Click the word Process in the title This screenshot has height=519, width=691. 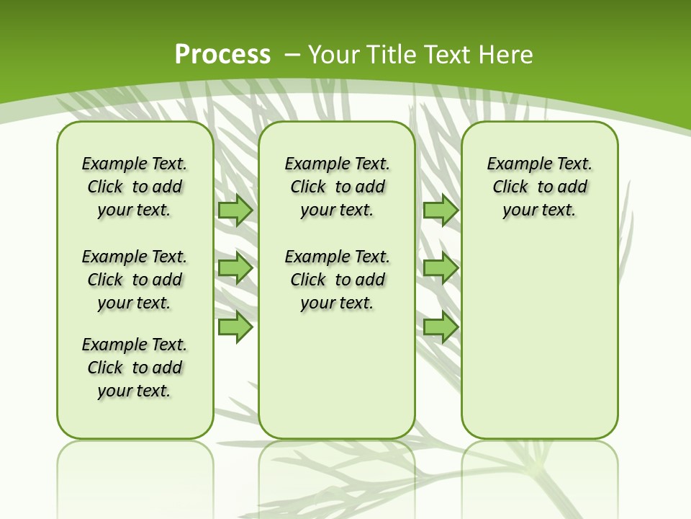(x=222, y=55)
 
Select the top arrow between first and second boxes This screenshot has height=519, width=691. (x=235, y=210)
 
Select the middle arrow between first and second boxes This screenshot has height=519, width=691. (x=235, y=269)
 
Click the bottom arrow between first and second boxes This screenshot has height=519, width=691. (x=235, y=327)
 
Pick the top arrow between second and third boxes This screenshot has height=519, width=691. (x=441, y=210)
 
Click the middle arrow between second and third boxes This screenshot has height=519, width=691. (x=441, y=269)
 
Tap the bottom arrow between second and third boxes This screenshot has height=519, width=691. (x=441, y=327)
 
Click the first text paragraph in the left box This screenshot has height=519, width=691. (x=135, y=187)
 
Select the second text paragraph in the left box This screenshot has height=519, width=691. (x=135, y=280)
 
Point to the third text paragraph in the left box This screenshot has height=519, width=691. (x=135, y=368)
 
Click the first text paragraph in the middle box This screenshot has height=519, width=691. (x=338, y=187)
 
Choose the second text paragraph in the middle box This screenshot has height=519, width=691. (x=338, y=280)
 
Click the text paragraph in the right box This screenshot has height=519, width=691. (x=540, y=187)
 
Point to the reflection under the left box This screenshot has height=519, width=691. (x=135, y=476)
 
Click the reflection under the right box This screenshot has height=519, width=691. (x=540, y=476)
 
